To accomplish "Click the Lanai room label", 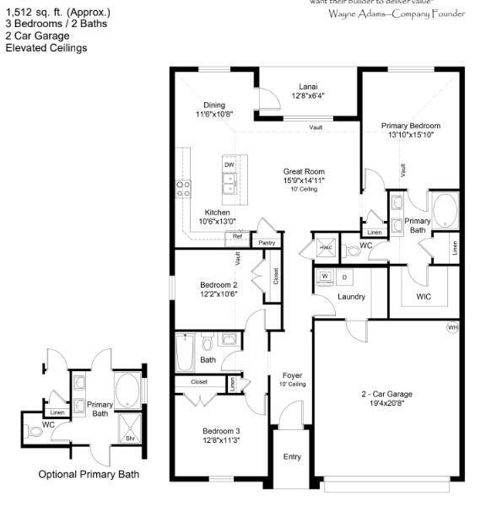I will click(x=307, y=85).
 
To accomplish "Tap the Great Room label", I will click(x=304, y=171).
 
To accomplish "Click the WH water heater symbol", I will click(x=452, y=326).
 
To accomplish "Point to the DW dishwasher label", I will click(x=229, y=164).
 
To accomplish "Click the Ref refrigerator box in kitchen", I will click(x=237, y=237).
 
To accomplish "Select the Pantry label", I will click(x=267, y=243).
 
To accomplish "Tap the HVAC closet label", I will click(x=325, y=247).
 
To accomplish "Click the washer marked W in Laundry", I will click(x=325, y=276).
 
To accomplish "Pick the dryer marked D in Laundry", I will click(x=344, y=277).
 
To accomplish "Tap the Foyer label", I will click(x=293, y=375).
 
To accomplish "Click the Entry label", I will click(x=292, y=456).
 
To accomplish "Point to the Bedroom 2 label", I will click(x=219, y=284).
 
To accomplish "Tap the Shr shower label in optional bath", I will click(x=130, y=439).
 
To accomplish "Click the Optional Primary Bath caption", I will click(x=89, y=474).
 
